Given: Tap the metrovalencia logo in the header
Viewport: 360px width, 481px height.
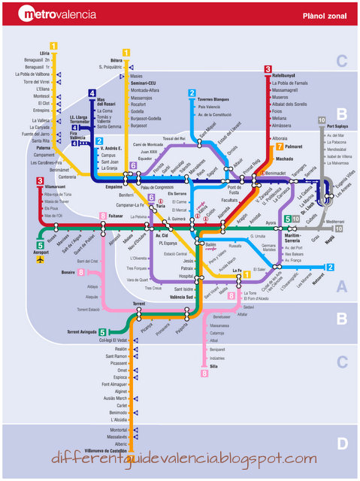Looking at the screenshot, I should pos(59,14).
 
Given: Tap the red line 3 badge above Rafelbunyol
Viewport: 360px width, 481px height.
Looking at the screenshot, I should pos(268,69).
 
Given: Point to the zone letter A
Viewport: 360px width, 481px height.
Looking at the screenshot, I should pos(342,286).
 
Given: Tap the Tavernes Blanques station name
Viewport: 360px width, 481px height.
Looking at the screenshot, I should pos(214,99).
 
